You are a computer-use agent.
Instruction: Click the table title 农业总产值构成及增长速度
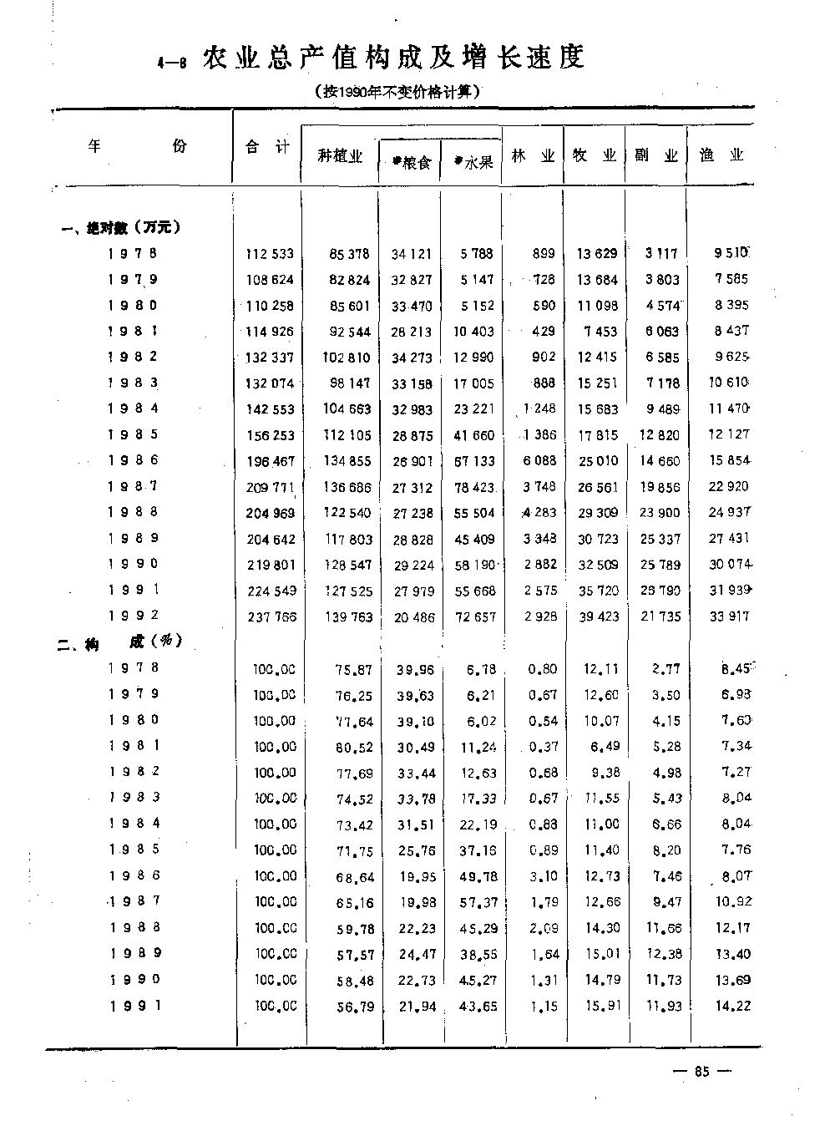click(x=392, y=58)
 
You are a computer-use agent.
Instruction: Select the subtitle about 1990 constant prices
click(x=397, y=92)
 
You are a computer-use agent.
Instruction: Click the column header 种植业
click(x=341, y=156)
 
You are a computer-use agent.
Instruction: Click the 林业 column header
click(x=534, y=155)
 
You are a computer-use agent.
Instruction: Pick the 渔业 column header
click(x=721, y=155)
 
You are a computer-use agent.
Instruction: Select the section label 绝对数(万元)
click(x=123, y=228)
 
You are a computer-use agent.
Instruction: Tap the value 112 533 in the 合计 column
click(x=270, y=254)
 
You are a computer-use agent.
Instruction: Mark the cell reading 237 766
click(x=270, y=616)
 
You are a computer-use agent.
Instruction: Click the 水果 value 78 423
click(x=473, y=487)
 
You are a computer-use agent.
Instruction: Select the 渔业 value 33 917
click(x=728, y=616)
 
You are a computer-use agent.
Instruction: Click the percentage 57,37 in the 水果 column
click(x=478, y=902)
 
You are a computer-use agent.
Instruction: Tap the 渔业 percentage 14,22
click(x=732, y=1007)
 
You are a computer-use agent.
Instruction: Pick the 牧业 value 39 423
click(x=599, y=616)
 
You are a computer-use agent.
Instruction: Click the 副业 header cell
click(x=656, y=155)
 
